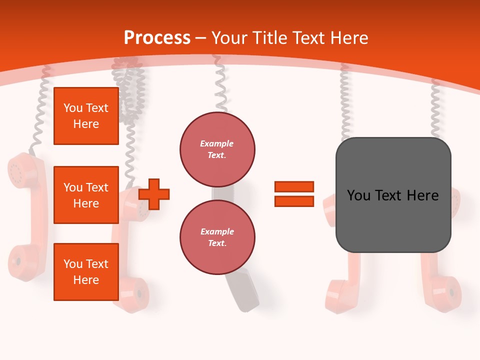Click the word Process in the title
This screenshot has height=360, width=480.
tap(157, 37)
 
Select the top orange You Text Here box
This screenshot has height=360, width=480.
tap(86, 116)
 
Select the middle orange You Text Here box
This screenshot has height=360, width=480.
tap(86, 195)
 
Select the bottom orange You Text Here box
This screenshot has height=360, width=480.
tap(86, 271)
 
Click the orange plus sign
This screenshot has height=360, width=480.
tap(154, 193)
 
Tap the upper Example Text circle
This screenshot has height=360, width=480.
tap(217, 149)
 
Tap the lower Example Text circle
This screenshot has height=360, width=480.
tap(217, 237)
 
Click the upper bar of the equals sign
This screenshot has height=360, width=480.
tap(294, 186)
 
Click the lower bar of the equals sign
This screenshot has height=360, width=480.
tap(294, 201)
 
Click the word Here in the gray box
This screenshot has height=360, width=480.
tap(422, 195)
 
